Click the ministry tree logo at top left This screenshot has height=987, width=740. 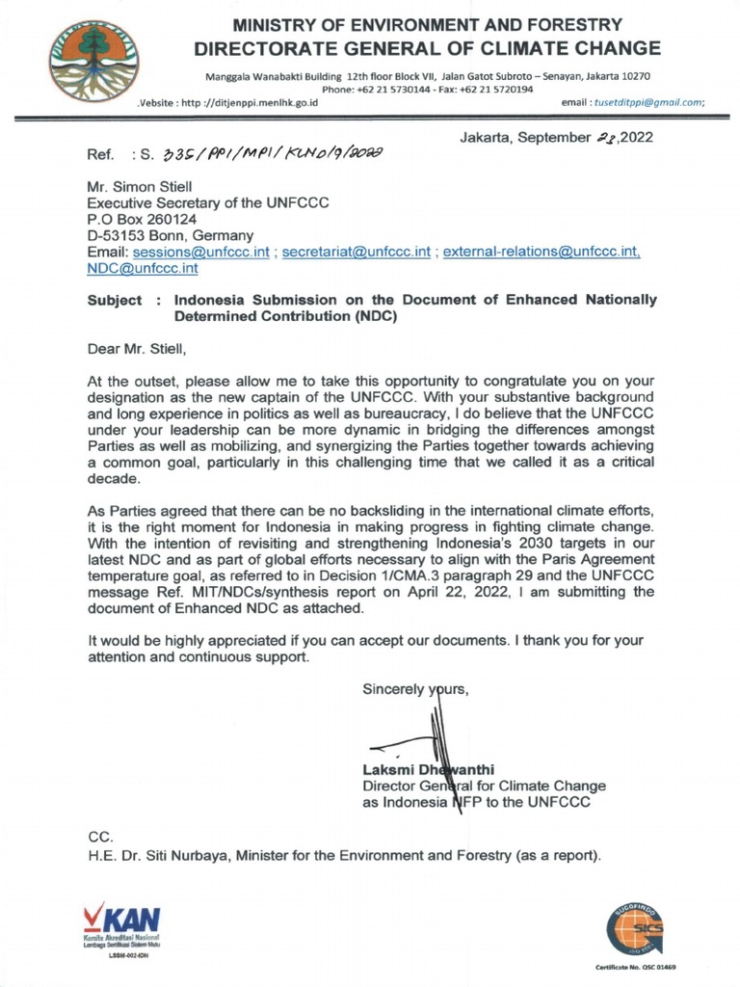[93, 61]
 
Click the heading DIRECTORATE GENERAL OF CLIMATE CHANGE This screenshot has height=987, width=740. [428, 48]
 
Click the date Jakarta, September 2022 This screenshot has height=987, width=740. [556, 137]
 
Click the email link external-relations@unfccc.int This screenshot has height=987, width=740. [541, 251]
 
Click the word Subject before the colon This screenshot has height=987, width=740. [115, 300]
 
